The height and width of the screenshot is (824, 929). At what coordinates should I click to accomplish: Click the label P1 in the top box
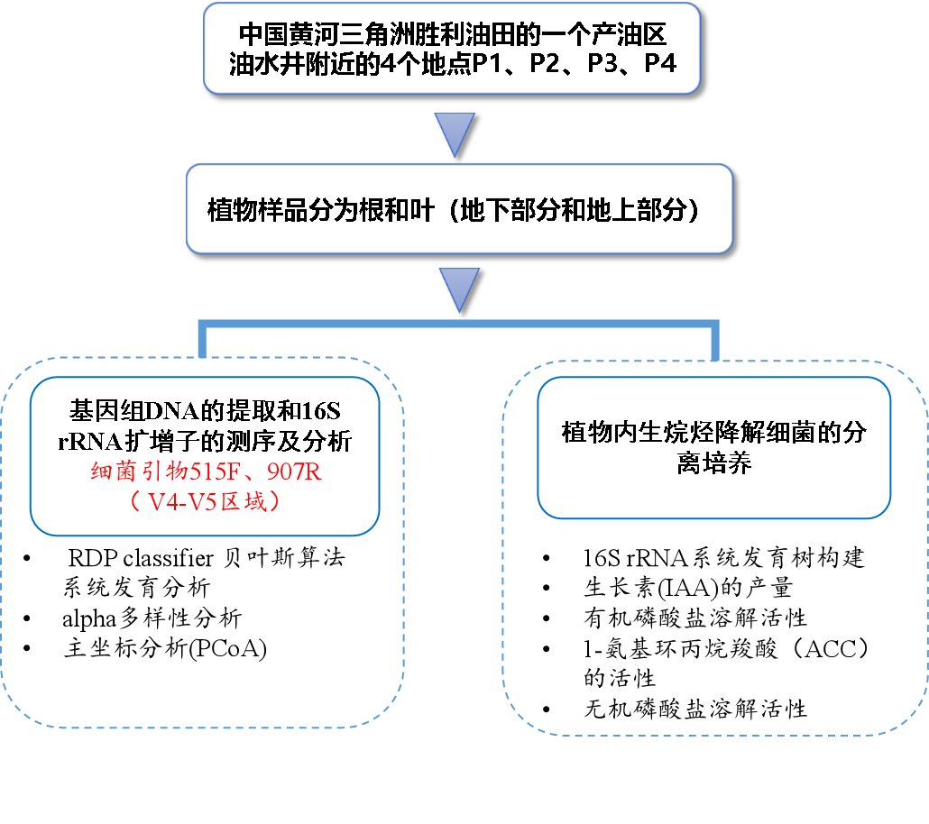487,65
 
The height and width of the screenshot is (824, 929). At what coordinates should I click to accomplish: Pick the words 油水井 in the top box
262,65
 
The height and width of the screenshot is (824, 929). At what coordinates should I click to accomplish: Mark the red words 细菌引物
131,472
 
